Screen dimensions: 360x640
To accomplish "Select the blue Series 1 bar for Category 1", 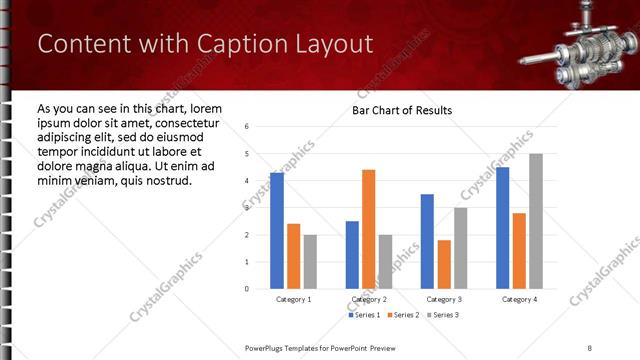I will click(277, 230).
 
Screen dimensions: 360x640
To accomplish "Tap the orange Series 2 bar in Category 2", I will click(368, 229).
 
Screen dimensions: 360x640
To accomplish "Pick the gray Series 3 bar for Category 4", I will click(536, 221).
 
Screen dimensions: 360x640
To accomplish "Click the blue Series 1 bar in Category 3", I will click(427, 241).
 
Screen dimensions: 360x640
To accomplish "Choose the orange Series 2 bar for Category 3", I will click(444, 264).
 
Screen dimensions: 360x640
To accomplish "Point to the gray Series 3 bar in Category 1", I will click(310, 261).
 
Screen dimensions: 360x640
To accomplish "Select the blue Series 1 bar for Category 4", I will click(502, 228).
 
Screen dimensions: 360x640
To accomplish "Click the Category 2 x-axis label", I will click(369, 299).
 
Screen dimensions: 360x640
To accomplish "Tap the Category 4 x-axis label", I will click(519, 299).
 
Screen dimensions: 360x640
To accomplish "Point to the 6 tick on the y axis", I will click(247, 127).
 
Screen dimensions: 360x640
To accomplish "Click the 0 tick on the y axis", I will click(247, 288).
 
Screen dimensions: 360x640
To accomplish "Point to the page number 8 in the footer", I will click(591, 346).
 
